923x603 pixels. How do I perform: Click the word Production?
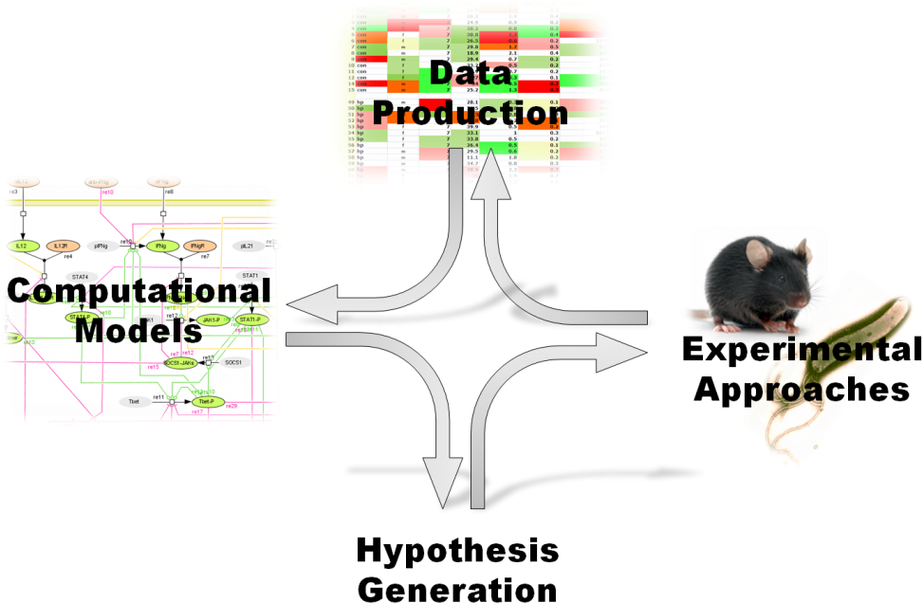(470, 112)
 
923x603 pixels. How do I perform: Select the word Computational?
(138, 291)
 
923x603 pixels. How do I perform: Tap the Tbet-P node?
(205, 402)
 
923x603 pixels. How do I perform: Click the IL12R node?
(59, 246)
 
